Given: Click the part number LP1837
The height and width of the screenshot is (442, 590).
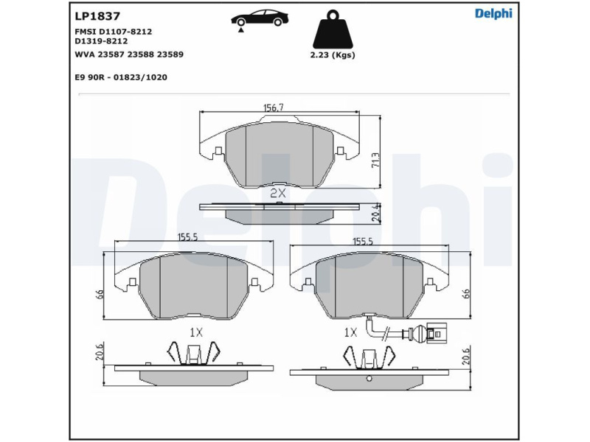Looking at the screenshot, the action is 97,16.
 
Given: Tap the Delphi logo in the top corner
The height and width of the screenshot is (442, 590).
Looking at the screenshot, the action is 493,14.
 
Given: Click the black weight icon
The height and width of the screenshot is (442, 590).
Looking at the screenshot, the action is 333,29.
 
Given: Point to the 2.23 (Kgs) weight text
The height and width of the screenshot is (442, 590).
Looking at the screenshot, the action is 333,55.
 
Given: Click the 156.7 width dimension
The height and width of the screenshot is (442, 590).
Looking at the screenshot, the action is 273,108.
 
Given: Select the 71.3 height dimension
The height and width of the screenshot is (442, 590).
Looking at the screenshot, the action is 375,160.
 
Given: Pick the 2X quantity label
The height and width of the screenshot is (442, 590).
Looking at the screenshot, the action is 278,193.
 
